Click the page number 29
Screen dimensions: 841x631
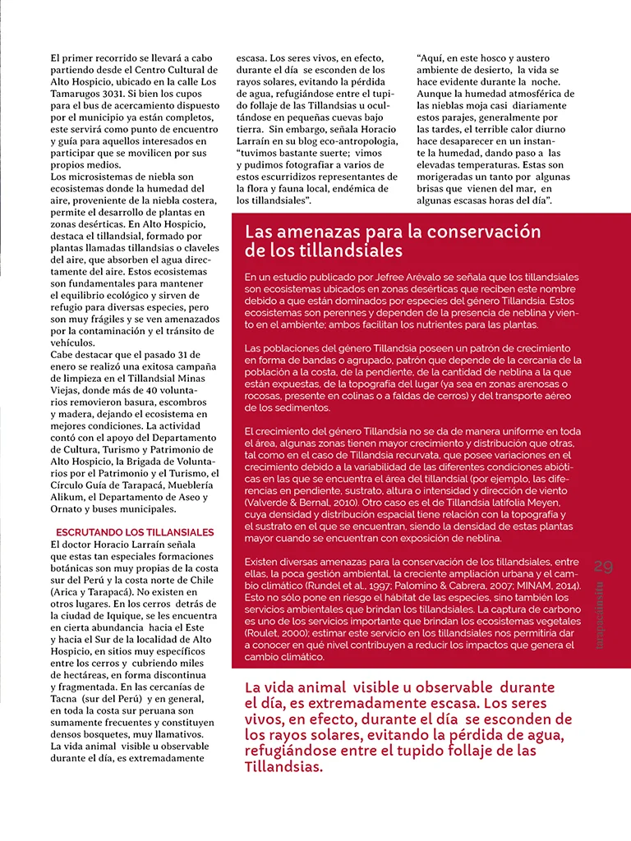coord(603,566)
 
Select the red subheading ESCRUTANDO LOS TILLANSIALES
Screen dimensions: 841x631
coord(134,532)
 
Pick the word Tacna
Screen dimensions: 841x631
coord(66,699)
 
